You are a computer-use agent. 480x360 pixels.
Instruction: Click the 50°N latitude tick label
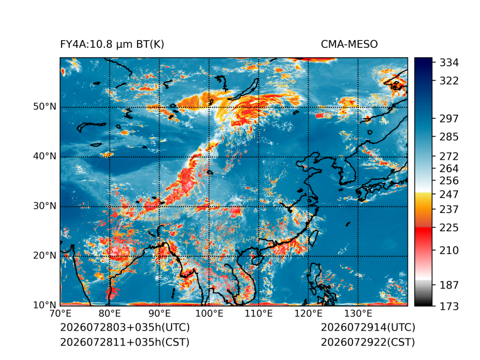click(45, 107)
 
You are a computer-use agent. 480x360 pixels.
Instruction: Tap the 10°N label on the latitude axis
click(45, 305)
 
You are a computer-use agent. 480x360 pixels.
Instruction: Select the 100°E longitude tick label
click(209, 314)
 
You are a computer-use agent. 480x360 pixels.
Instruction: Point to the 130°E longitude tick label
click(358, 314)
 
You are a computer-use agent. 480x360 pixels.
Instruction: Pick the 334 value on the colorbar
click(449, 63)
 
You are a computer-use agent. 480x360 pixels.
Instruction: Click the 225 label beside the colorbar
click(449, 228)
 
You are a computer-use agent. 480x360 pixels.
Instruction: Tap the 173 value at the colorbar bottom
click(449, 306)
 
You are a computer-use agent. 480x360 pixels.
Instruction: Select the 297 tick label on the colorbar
click(449, 119)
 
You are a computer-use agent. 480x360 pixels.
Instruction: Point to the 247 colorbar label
click(449, 194)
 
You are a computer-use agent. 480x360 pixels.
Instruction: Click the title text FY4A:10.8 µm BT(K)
click(112, 45)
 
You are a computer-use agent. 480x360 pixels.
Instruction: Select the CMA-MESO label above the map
click(349, 45)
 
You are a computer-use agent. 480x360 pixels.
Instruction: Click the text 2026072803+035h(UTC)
click(125, 327)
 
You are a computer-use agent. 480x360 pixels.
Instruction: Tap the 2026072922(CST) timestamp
click(368, 342)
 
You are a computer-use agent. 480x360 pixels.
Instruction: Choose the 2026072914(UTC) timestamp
click(368, 327)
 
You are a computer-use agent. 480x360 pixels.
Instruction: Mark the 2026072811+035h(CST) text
click(125, 342)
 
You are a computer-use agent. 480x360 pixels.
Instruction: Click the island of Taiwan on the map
click(313, 239)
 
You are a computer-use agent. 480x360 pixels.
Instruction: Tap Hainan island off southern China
click(256, 259)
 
